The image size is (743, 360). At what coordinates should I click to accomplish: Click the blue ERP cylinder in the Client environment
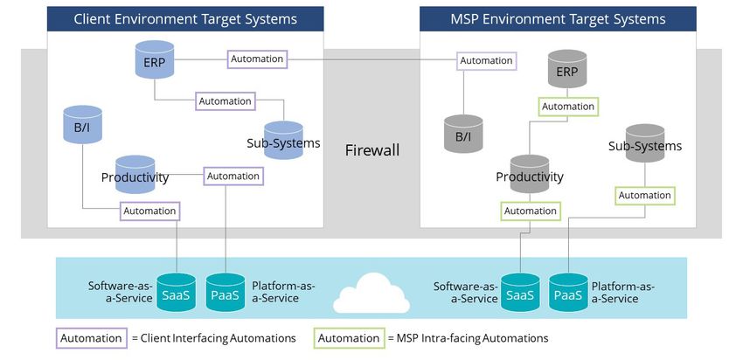(x=155, y=59)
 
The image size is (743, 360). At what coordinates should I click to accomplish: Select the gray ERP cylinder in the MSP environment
(x=567, y=69)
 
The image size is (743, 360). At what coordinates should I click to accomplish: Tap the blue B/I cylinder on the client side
(x=82, y=124)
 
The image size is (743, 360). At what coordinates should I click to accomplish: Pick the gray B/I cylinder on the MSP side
(x=463, y=134)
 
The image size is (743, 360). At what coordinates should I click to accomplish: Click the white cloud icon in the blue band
(x=371, y=294)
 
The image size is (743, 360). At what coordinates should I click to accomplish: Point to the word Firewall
(x=372, y=150)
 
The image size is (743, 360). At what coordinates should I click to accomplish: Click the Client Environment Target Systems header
(x=185, y=19)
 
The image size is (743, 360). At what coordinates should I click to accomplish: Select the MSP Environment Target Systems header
(x=558, y=19)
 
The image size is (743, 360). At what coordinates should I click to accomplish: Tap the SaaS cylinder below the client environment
(x=177, y=292)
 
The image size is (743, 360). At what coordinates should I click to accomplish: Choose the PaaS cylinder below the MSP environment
(x=568, y=292)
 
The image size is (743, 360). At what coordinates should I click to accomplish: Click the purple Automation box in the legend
(x=92, y=338)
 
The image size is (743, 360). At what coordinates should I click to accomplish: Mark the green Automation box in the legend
(x=350, y=338)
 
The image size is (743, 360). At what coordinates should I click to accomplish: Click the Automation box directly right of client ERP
(x=257, y=59)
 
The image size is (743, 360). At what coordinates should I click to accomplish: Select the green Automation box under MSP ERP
(x=568, y=107)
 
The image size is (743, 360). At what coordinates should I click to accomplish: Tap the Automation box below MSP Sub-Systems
(x=645, y=195)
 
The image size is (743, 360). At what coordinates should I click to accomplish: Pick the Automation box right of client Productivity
(x=233, y=176)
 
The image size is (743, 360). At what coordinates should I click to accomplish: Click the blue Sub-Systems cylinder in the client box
(x=283, y=140)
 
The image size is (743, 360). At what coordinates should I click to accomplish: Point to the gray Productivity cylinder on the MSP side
(x=530, y=174)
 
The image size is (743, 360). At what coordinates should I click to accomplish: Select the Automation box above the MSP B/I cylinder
(x=487, y=61)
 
